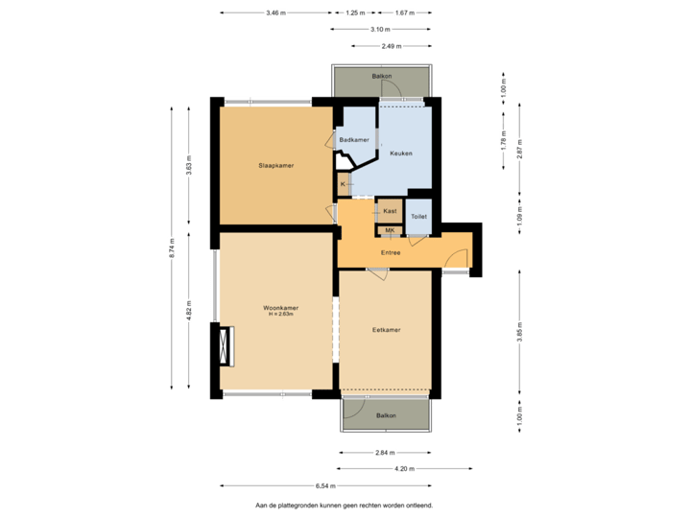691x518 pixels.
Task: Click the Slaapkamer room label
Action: point(275,166)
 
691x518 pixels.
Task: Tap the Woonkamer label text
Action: point(281,308)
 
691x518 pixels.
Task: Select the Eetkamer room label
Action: point(386,330)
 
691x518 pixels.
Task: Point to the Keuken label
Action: point(401,153)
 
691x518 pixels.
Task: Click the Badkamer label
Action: point(354,140)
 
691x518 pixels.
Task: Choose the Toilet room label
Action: point(418,217)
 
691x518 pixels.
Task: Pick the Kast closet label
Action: point(390,210)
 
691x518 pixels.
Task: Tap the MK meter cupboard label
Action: point(390,230)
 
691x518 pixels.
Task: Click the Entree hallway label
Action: point(391,253)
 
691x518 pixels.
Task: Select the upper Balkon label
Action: point(381,75)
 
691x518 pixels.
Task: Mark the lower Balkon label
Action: point(386,415)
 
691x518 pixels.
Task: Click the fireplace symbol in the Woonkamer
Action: point(226,345)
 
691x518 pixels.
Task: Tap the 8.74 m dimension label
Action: point(172,249)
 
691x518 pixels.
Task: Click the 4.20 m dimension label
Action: point(406,469)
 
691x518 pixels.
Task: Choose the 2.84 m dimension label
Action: point(385,453)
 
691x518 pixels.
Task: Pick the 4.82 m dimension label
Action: point(189,313)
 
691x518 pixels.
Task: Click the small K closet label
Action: point(343,182)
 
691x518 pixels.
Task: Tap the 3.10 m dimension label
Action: point(390,30)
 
